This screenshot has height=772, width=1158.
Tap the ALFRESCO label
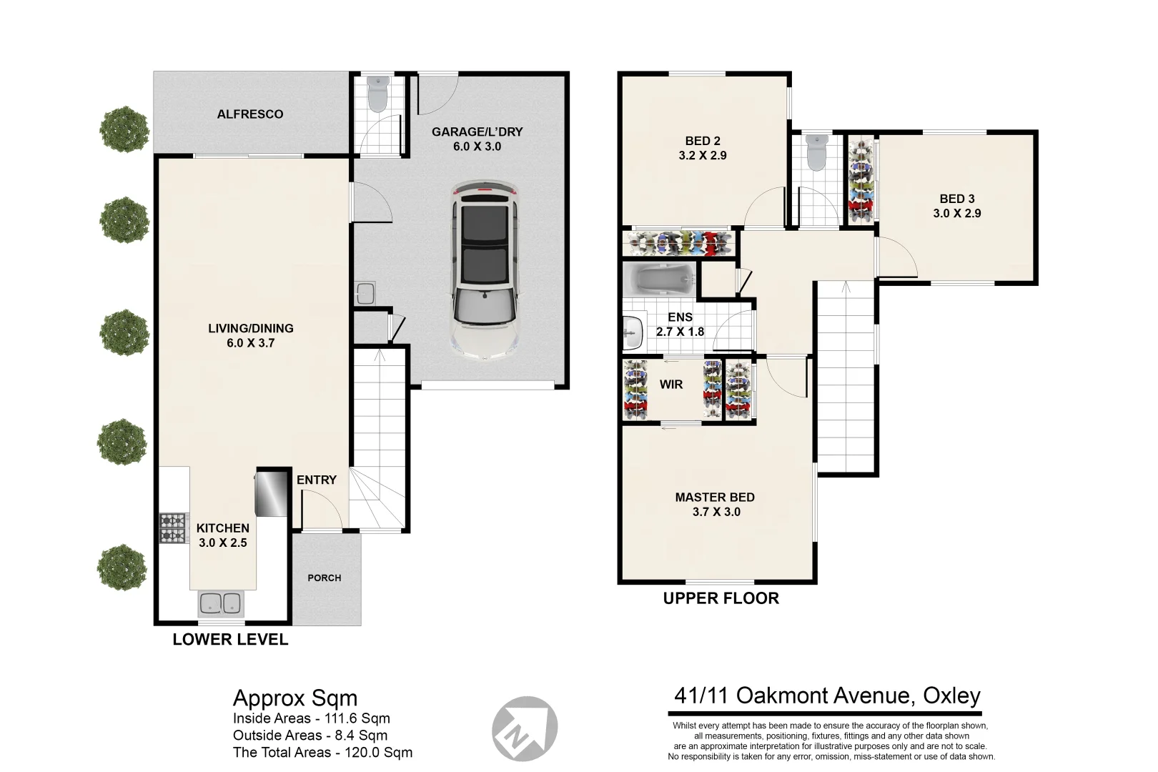[x=250, y=114]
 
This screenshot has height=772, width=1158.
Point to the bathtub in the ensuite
[x=659, y=279]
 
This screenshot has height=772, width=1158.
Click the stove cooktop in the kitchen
[x=174, y=528]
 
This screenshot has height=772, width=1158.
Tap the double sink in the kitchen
[x=220, y=604]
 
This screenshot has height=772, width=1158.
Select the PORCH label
[x=325, y=578]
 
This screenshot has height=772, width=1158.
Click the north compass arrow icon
[x=524, y=728]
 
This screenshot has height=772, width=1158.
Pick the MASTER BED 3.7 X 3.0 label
[x=716, y=505]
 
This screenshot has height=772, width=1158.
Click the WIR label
[x=670, y=385]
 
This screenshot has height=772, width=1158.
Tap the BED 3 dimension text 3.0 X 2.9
[x=956, y=214]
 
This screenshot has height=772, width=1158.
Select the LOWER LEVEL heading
[x=230, y=640]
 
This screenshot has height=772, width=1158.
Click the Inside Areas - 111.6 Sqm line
[x=312, y=718]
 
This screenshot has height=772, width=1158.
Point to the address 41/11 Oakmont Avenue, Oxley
[x=827, y=696]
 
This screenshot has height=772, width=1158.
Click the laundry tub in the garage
[x=365, y=293]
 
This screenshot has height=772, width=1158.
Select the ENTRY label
[x=317, y=480]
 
